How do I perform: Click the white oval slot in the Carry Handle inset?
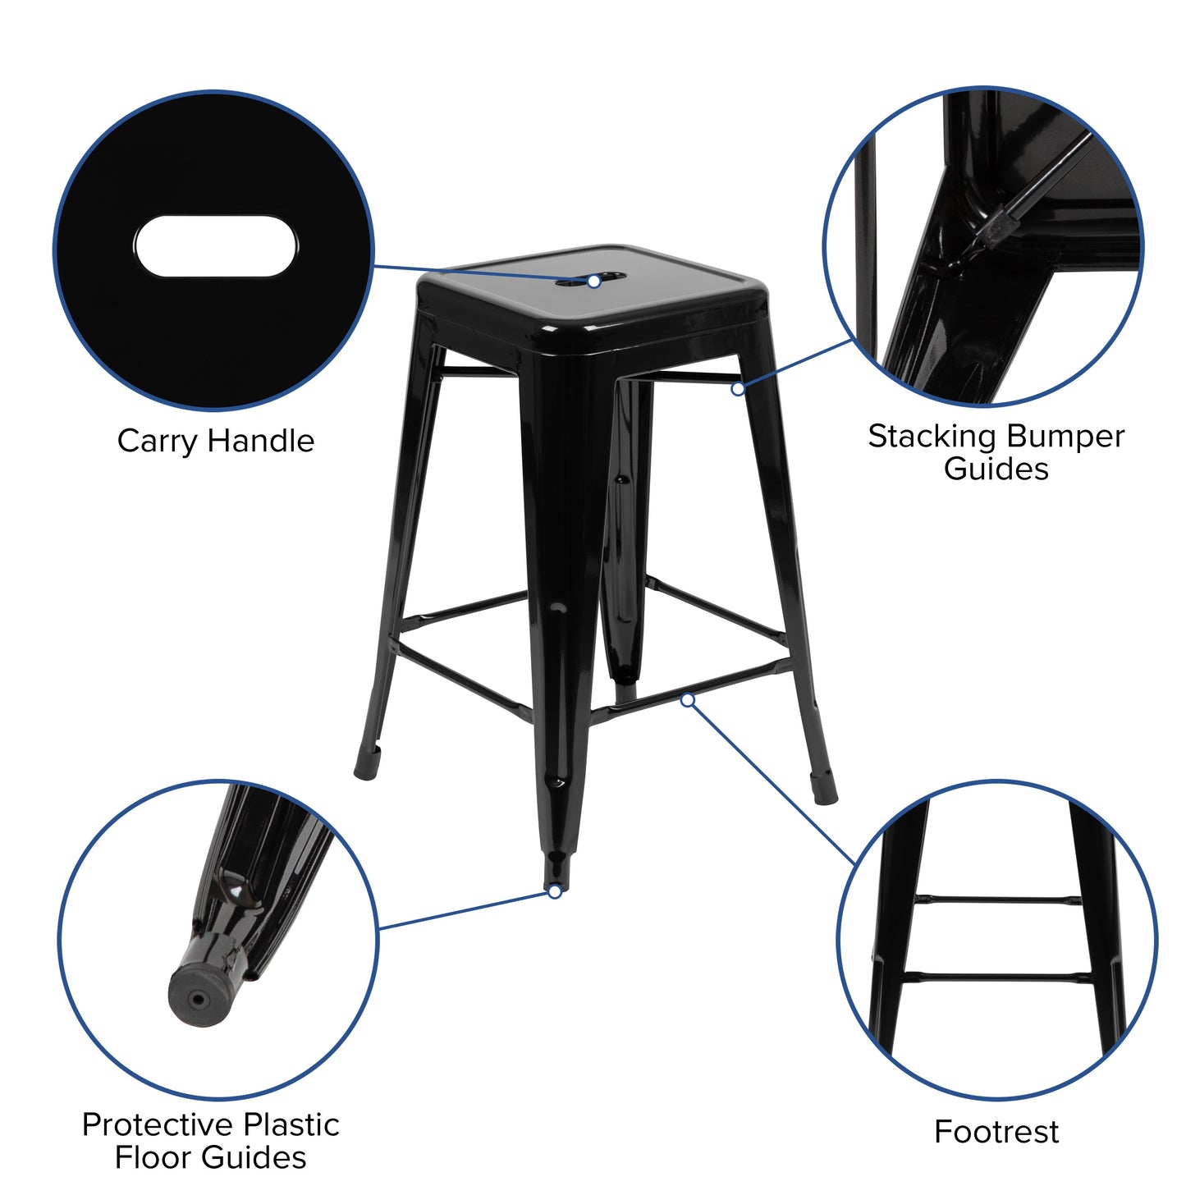click(x=215, y=246)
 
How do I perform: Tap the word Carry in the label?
click(x=157, y=442)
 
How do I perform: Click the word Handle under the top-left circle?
click(x=260, y=441)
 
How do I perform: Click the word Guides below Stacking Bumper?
click(x=996, y=469)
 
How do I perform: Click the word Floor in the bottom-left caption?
click(x=153, y=1157)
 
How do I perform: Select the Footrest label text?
click(x=996, y=1132)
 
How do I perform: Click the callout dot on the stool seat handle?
click(x=593, y=282)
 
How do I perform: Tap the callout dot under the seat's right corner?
click(x=738, y=388)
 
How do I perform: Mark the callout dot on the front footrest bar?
click(x=688, y=699)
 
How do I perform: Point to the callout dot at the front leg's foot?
click(x=555, y=891)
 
